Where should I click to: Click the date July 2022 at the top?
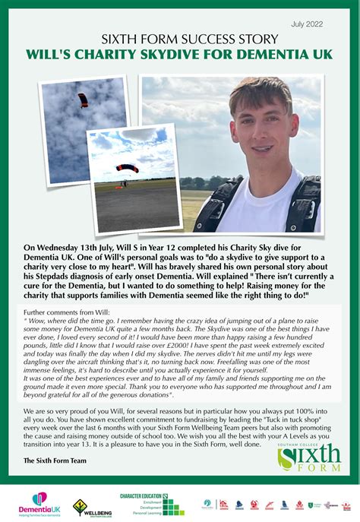click(x=308, y=24)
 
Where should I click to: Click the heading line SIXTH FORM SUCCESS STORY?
click(x=179, y=40)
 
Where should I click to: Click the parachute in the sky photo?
click(x=83, y=100)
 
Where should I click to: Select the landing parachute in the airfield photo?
click(x=127, y=169)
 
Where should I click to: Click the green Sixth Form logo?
click(x=308, y=457)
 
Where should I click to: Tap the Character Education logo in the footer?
click(x=152, y=504)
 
